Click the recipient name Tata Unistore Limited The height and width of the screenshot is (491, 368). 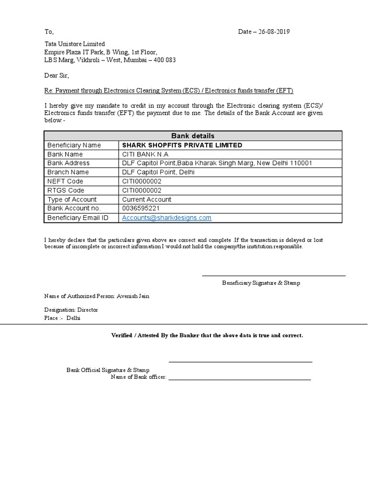click(74, 44)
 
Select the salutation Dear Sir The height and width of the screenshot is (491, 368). click(57, 76)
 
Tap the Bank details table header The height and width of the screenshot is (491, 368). click(193, 136)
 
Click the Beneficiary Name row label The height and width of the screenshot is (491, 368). click(73, 145)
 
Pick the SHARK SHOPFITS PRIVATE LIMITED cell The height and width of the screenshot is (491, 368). click(182, 145)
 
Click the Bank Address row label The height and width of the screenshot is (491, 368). click(68, 163)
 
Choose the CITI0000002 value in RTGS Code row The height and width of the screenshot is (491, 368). click(143, 190)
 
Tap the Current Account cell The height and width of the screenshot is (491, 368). click(147, 199)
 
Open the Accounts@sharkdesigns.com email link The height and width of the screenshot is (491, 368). click(167, 218)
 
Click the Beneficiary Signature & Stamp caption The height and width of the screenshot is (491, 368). click(261, 283)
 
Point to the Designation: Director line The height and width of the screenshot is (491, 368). click(71, 310)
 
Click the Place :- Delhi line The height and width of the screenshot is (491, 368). click(62, 318)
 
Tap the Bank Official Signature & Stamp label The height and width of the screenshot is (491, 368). click(108, 370)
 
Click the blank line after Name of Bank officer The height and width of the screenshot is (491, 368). click(239, 379)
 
